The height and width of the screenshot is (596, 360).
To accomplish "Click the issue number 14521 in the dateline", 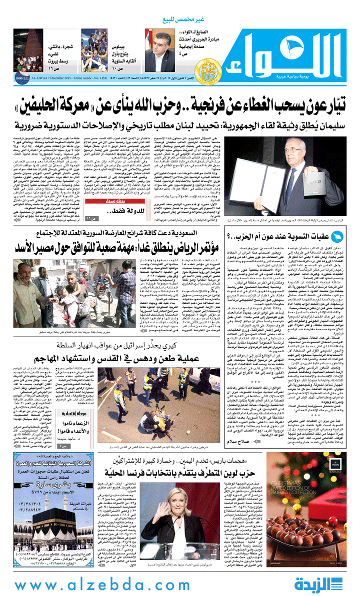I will pyautogui.click(x=133, y=78).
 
